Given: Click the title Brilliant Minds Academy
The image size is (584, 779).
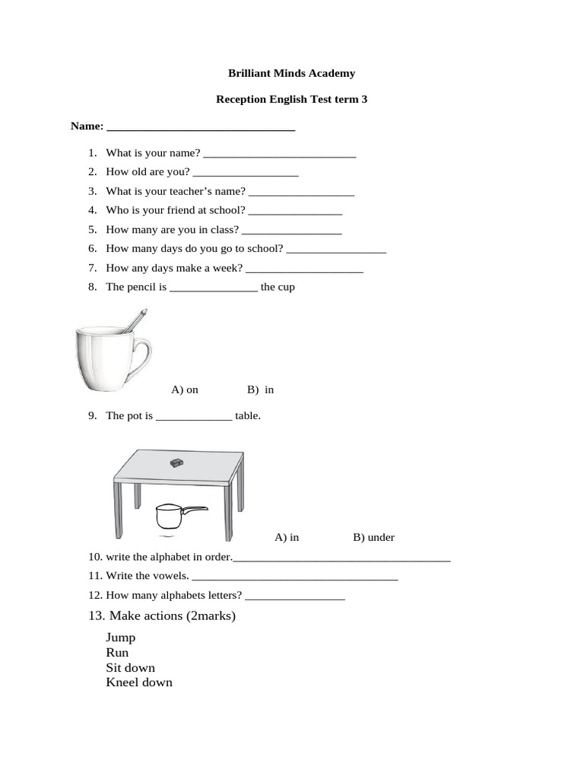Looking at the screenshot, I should coord(291,74).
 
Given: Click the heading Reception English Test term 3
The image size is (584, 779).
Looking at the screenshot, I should coord(291,99).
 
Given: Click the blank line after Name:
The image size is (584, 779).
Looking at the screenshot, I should coord(201,129).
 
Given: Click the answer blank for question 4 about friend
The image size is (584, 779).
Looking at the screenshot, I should coord(295,212).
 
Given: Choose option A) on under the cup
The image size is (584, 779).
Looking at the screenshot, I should coord(185,389).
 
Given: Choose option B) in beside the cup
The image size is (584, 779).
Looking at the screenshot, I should coord(260,389).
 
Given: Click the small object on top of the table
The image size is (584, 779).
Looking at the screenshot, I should coord(177,462).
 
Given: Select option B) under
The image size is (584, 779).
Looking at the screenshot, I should coord(373,537).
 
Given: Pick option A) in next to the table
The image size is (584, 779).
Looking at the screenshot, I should coord(287,537).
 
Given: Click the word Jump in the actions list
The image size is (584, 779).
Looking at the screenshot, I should coord(121,638).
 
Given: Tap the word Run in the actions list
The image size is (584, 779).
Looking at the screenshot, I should coord(117,653).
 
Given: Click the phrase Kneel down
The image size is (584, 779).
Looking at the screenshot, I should coord(139,682).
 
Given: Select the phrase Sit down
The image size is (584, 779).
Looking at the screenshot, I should coord(130,668).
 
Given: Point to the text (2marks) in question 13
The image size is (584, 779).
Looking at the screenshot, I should coord(211,615).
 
